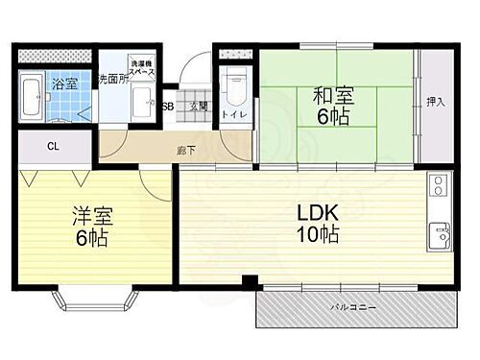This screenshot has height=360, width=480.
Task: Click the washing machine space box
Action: point(142,60)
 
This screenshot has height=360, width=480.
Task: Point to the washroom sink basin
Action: point(145,97)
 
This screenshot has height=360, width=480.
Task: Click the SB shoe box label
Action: point(167,108)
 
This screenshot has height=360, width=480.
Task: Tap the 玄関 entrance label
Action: point(198,108)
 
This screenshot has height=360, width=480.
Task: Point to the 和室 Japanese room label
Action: point(331,95)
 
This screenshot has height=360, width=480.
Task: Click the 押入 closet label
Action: point(436,101)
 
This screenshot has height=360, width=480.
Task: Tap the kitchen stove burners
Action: point(440,185)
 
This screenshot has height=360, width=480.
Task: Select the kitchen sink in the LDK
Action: point(441,233)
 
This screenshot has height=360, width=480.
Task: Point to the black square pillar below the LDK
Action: point(249,282)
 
